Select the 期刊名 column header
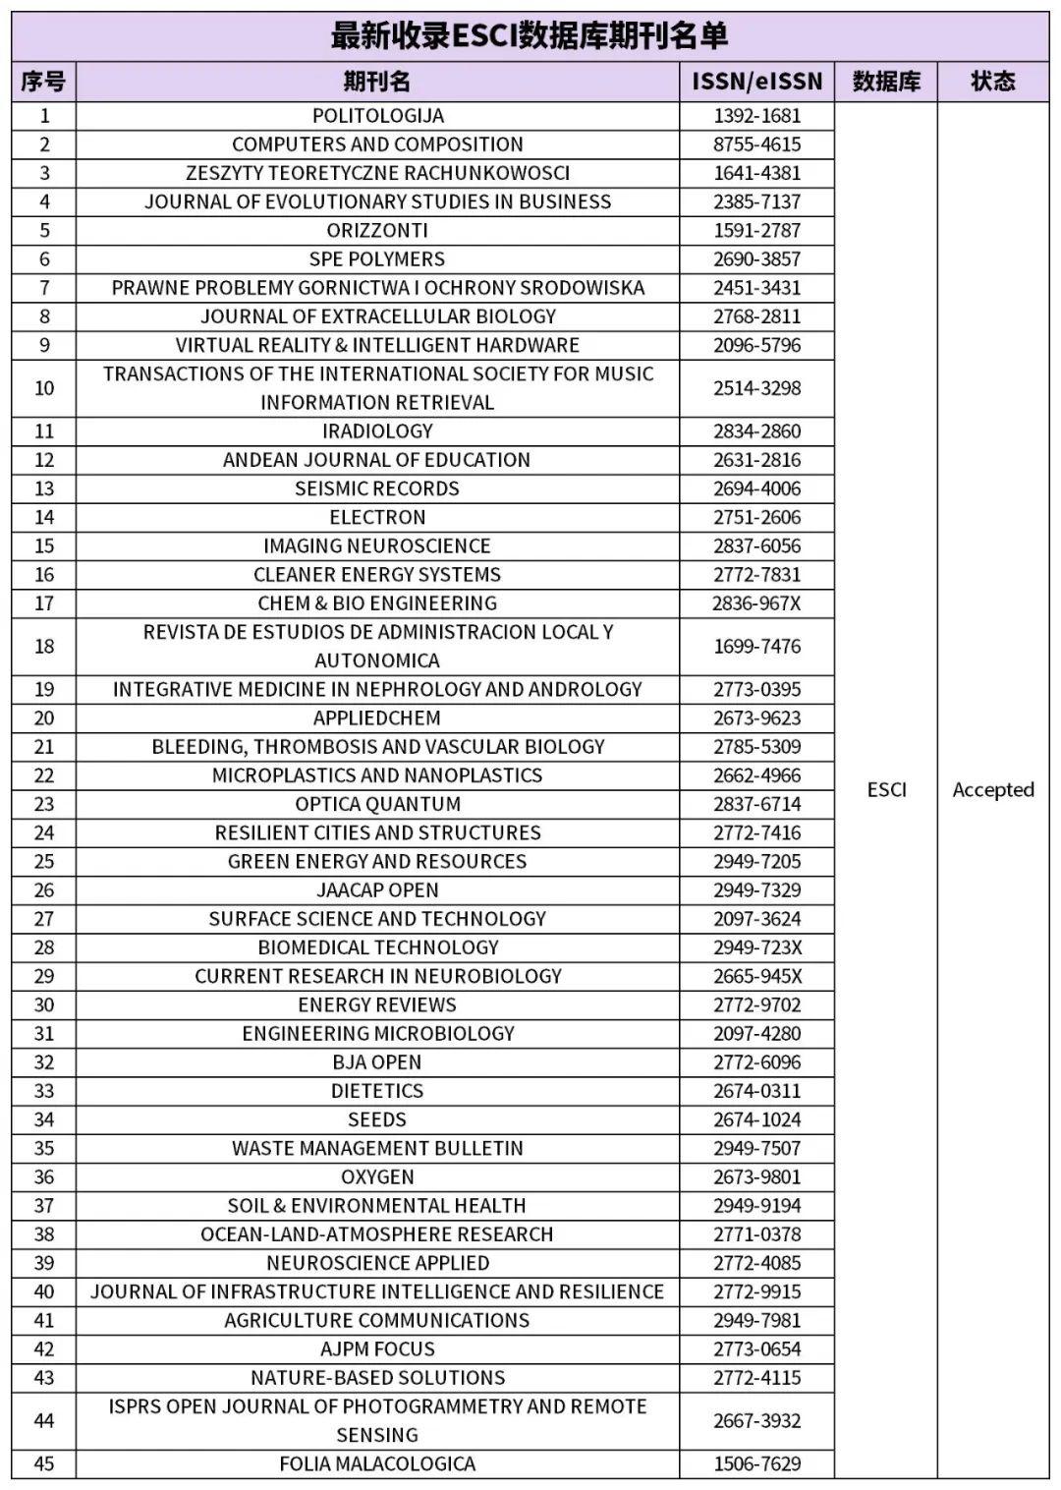(377, 82)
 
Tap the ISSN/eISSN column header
(756, 82)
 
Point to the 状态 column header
(992, 82)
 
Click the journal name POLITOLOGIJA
(377, 116)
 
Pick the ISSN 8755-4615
(756, 144)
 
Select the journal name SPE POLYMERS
(377, 259)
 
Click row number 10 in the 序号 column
(44, 388)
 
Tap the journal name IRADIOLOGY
(377, 431)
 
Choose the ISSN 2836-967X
(756, 603)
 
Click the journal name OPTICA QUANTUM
(377, 804)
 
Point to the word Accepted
(992, 790)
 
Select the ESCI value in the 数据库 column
(886, 790)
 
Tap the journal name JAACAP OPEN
(377, 890)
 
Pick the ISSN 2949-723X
(756, 947)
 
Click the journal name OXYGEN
(377, 1177)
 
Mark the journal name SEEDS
(377, 1119)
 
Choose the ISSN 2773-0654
(756, 1349)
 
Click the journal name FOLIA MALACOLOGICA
(377, 1464)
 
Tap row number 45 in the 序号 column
(44, 1464)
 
